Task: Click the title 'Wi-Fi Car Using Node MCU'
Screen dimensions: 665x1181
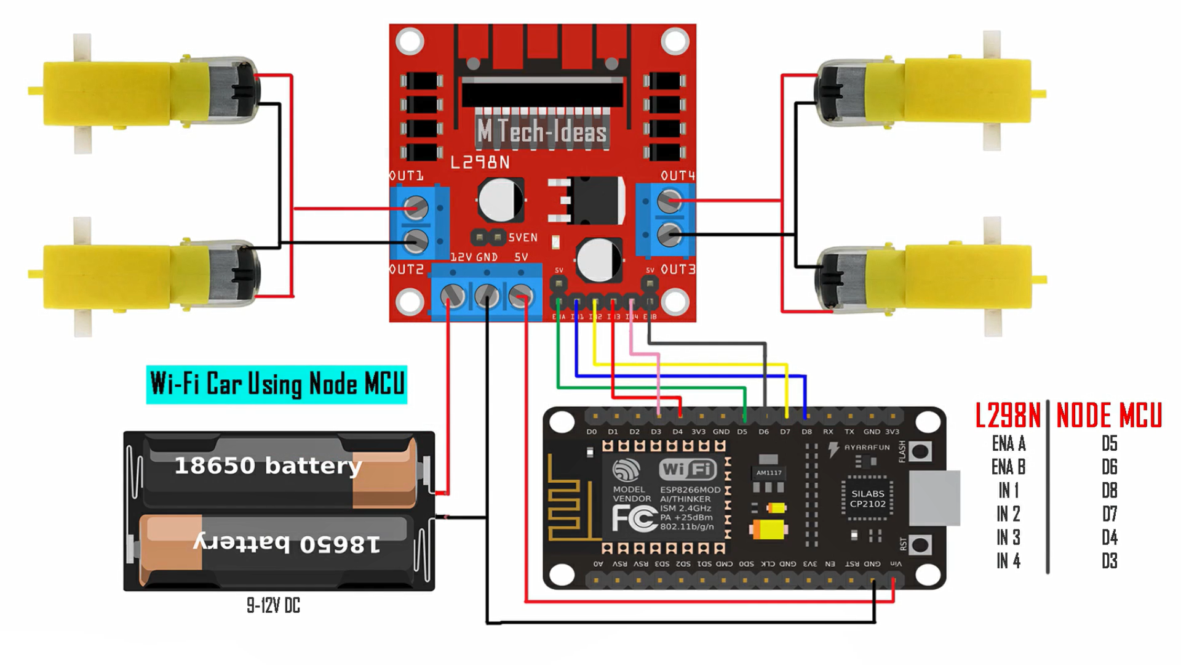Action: [277, 384]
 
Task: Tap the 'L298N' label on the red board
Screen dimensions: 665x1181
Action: [480, 163]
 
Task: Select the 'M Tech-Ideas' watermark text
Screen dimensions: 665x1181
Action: [542, 131]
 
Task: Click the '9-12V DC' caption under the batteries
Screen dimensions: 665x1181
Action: [273, 606]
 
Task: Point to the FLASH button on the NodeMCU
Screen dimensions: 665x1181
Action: [920, 452]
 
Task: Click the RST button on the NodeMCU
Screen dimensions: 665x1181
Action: [920, 545]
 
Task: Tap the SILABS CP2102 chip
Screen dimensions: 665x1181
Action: [867, 499]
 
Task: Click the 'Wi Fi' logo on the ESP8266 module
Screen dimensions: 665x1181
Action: [688, 469]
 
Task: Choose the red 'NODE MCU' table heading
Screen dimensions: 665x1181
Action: [1109, 416]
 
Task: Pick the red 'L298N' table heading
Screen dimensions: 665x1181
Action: [1008, 416]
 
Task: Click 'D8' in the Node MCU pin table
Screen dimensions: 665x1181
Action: [1109, 491]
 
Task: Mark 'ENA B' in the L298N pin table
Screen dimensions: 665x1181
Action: [1008, 467]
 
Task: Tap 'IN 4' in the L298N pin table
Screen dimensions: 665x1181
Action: [1008, 561]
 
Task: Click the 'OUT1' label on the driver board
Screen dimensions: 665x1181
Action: [407, 176]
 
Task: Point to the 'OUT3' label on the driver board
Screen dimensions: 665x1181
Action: [678, 270]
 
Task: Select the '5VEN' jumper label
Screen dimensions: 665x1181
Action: [523, 238]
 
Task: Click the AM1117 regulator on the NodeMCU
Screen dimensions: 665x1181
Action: [769, 473]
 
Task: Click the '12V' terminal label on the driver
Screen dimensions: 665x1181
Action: [461, 257]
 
